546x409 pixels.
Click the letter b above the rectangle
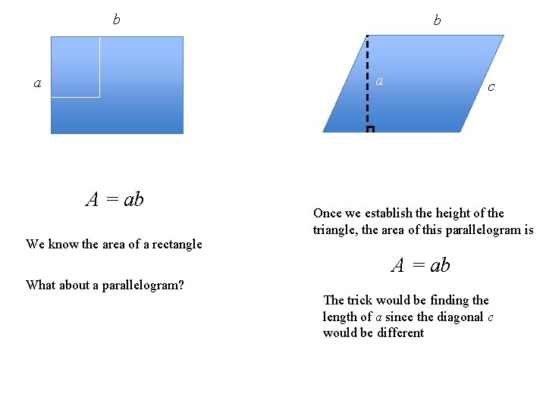tap(116, 20)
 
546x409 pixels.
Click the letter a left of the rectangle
tap(37, 83)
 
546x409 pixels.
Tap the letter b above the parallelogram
tap(437, 20)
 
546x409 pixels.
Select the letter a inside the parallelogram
tap(380, 80)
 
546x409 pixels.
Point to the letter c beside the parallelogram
tap(491, 87)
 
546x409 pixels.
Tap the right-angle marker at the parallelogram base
tap(370, 130)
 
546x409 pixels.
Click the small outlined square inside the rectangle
tap(75, 67)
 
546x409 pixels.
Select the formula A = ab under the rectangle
tap(115, 199)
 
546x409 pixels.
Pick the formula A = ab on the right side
tap(421, 265)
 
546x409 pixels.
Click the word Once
tap(327, 214)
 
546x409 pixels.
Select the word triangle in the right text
tap(334, 230)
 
